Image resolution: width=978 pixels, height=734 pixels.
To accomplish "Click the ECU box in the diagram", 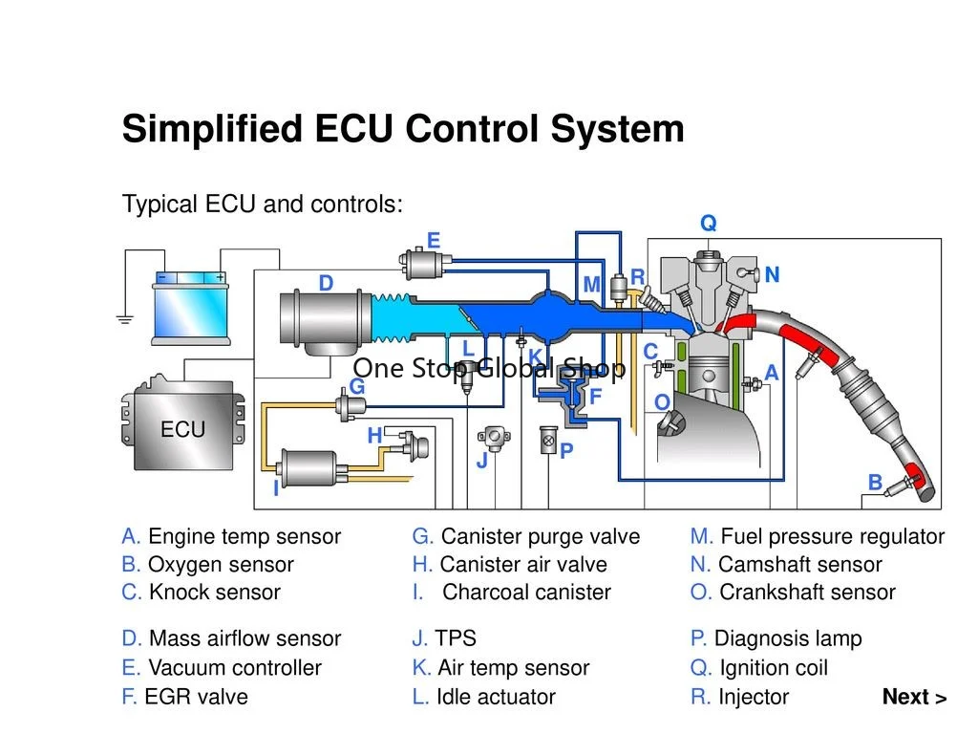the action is (x=183, y=424).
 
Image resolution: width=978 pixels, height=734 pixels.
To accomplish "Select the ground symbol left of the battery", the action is (x=125, y=319).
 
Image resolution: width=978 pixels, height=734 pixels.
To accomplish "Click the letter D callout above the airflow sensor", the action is (x=326, y=283).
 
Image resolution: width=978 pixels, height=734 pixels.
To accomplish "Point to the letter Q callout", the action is (x=709, y=223).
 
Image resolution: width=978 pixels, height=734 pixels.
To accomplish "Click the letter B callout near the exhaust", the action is (x=875, y=482).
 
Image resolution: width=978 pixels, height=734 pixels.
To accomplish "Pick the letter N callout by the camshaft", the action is (x=772, y=274).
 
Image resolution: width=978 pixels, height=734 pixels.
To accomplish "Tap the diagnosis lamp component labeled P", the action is (x=549, y=440).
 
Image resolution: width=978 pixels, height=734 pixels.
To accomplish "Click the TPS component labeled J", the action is (x=494, y=439).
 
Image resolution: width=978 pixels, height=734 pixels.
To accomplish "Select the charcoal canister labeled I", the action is (x=310, y=468).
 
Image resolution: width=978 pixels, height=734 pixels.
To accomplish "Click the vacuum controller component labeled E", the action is (x=424, y=264).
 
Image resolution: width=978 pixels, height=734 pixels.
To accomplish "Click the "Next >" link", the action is (x=914, y=697).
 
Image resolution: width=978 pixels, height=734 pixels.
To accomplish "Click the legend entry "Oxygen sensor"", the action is (x=221, y=564).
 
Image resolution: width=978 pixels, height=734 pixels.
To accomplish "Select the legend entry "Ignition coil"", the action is (x=774, y=668).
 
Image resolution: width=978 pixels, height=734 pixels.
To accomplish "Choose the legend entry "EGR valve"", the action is (x=197, y=697).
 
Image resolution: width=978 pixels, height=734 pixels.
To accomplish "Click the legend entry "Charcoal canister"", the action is (x=526, y=592).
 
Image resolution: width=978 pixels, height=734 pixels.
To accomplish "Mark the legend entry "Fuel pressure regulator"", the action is (x=833, y=537).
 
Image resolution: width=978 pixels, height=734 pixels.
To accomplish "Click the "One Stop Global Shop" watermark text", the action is (x=489, y=368).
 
